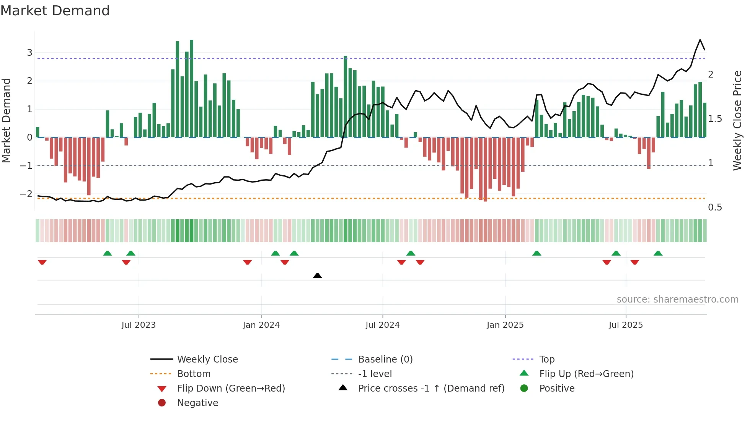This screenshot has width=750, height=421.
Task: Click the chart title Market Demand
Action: [55, 11]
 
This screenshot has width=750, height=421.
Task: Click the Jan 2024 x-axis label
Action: [261, 325]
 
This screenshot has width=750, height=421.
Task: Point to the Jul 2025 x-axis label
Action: [626, 325]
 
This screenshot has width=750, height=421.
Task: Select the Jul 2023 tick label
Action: [139, 325]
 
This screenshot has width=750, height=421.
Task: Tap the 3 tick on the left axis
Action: [29, 53]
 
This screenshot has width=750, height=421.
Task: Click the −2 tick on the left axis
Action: [26, 194]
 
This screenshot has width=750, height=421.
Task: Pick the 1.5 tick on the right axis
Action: [715, 119]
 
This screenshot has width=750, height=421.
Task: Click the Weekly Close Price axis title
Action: [737, 120]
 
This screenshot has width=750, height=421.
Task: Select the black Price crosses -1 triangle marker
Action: [317, 275]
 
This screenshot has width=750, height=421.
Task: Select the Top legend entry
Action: [546, 359]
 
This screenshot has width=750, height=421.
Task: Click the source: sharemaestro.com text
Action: [677, 300]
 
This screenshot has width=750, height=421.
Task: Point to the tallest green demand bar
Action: [191, 88]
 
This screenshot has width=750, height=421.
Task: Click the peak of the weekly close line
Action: [700, 40]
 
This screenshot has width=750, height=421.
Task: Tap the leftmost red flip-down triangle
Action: [42, 262]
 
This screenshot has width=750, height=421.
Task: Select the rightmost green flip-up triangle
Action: [658, 253]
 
